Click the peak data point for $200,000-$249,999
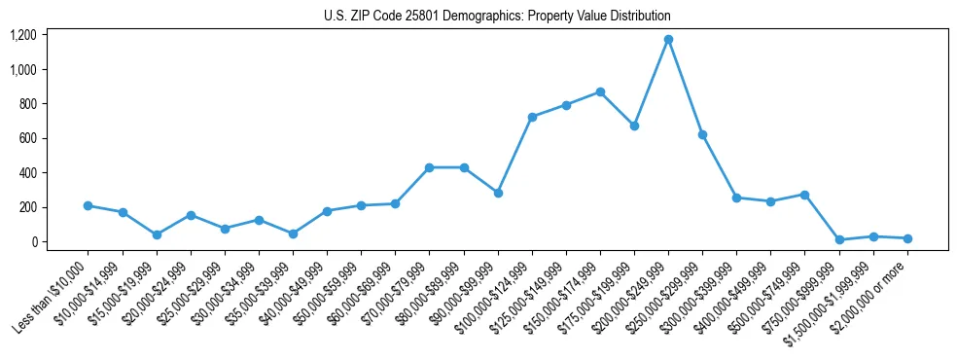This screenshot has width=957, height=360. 668,40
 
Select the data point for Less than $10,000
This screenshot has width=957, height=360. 89,205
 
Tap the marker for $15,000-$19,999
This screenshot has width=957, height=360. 157,234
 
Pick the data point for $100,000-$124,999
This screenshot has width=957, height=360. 532,117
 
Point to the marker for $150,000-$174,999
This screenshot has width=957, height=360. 600,92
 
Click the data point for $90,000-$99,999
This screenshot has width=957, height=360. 498,193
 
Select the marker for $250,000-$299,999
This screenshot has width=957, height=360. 702,134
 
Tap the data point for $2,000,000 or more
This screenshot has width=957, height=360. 907,238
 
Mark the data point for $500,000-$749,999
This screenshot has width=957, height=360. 804,195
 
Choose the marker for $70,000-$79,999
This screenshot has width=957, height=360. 429,167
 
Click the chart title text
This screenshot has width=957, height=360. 497,17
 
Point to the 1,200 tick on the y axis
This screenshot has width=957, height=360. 23,35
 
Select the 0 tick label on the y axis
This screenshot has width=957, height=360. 34,242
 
